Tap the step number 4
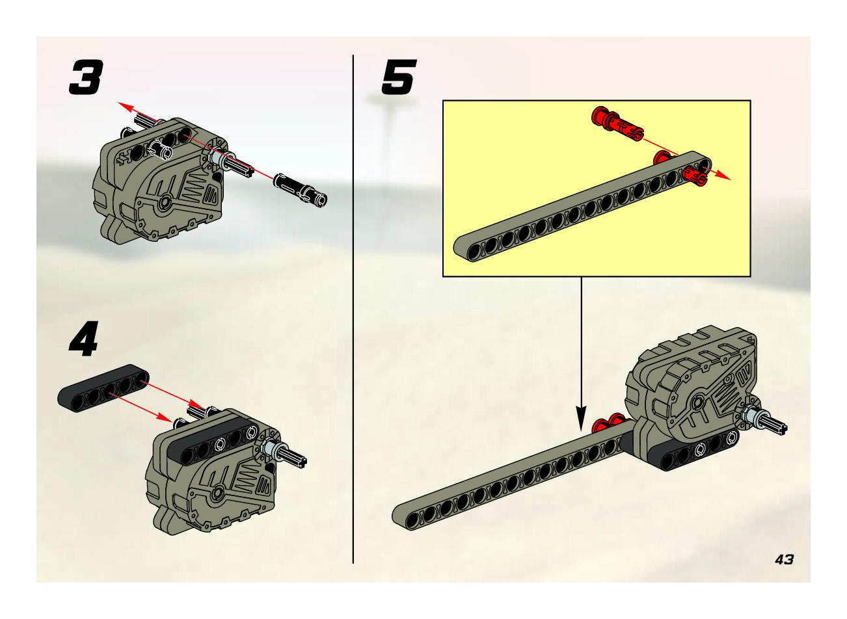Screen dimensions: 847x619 83,339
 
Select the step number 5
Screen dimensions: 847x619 399,77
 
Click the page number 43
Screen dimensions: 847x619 784,560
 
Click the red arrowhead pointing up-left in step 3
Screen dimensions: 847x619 126,107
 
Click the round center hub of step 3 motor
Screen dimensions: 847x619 165,203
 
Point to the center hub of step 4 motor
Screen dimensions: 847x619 217,493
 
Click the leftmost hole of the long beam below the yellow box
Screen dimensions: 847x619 412,520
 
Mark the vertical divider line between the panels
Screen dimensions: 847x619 353,309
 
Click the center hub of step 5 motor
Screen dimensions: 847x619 697,404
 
